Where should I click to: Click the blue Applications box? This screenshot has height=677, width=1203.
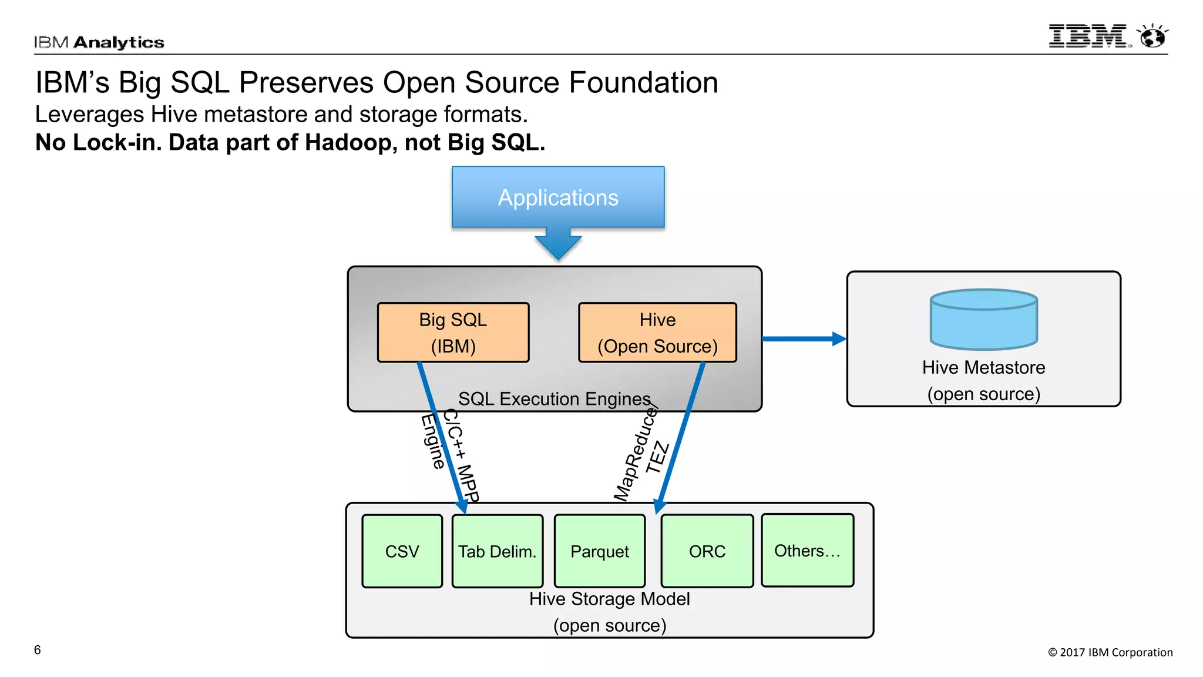558,197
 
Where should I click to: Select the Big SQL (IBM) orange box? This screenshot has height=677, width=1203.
453,333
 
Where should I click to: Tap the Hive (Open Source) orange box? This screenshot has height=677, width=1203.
657,333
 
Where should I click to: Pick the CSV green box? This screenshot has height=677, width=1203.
402,551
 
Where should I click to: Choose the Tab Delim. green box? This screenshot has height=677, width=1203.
497,551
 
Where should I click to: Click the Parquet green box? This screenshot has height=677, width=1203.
599,551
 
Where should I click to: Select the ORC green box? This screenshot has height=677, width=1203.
707,551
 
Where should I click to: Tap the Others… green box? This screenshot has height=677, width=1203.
807,551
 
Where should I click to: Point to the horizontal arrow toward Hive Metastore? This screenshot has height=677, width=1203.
804,339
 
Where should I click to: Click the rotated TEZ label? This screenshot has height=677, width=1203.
657,457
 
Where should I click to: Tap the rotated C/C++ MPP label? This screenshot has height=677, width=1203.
462,455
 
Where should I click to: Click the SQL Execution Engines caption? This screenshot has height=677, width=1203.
554,399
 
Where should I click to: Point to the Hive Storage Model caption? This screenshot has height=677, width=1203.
609,599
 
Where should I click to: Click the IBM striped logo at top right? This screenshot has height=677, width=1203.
1088,36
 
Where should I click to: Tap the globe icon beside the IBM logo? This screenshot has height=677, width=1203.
1152,36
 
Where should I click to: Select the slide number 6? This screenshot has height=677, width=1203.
38,650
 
